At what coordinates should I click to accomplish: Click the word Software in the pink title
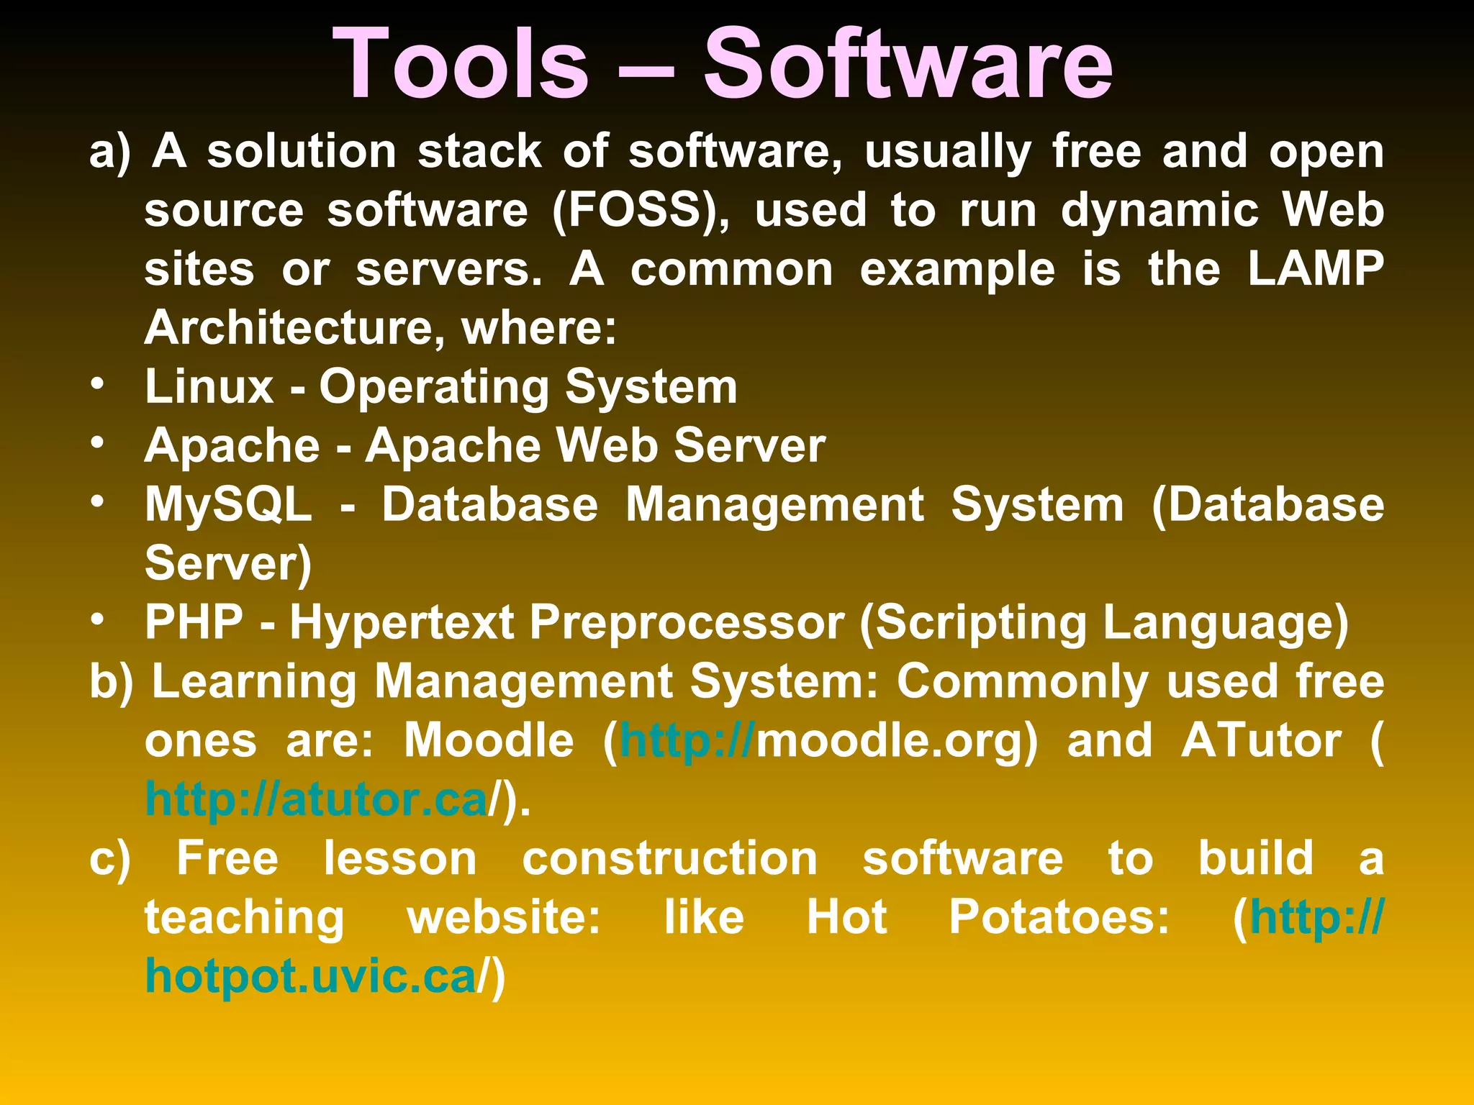tap(908, 65)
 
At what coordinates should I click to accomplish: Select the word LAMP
tap(1316, 269)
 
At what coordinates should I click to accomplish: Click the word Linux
tap(209, 387)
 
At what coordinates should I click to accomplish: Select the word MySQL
tap(229, 504)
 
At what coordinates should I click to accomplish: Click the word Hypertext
tap(402, 622)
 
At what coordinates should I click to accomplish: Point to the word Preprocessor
tap(687, 622)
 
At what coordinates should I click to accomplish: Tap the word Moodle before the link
tap(489, 740)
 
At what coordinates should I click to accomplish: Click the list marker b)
tap(112, 682)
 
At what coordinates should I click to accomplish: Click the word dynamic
tap(1159, 211)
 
